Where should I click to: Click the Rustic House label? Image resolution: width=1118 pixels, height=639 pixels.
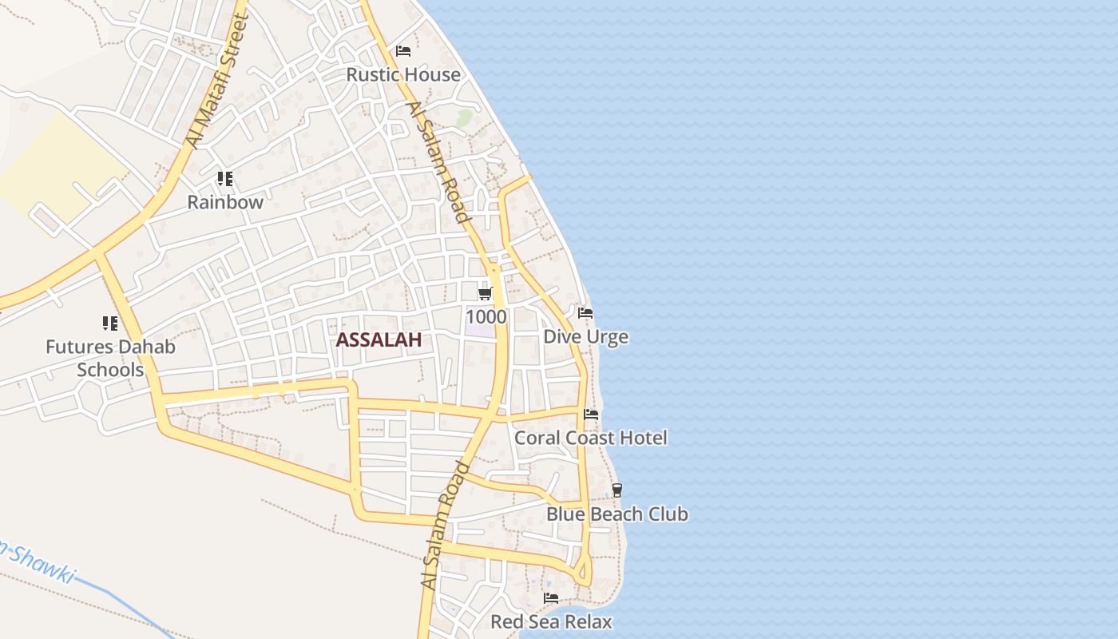[403, 74]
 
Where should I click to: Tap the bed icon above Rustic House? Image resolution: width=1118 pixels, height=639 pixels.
[403, 51]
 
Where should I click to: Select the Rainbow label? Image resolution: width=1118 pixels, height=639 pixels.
[225, 202]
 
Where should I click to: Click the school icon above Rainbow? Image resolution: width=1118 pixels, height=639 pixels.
[225, 179]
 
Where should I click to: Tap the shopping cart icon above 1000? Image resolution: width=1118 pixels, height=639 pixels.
[486, 294]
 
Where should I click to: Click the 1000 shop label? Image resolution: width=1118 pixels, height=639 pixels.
[486, 317]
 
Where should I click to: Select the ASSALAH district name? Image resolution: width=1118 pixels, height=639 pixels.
[379, 340]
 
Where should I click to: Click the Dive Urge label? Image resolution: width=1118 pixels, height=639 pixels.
[585, 337]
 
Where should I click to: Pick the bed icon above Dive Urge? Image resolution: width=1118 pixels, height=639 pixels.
[585, 313]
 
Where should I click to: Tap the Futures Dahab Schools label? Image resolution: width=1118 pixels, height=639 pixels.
[110, 359]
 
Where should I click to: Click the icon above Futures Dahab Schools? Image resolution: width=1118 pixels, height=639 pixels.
[110, 323]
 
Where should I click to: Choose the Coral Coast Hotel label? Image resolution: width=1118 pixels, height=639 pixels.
[591, 438]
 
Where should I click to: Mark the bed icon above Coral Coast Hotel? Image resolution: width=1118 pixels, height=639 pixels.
[591, 414]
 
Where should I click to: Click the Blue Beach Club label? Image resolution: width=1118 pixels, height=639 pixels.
[617, 514]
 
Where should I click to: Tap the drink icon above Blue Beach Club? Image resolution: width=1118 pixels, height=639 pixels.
[616, 490]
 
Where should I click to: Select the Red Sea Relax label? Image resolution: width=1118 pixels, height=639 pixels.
[551, 621]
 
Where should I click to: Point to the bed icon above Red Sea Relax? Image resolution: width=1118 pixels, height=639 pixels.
[551, 597]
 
